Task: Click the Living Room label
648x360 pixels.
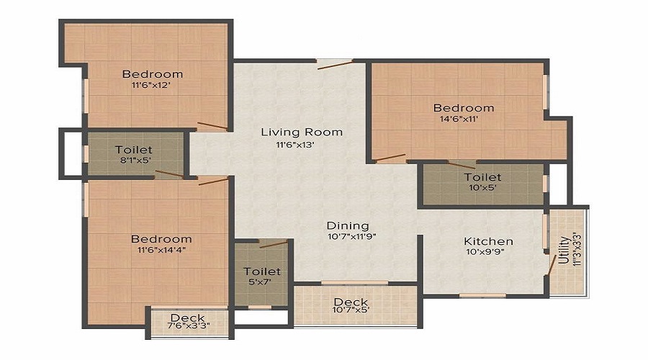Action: pyautogui.click(x=302, y=132)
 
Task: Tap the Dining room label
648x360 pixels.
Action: pyautogui.click(x=348, y=225)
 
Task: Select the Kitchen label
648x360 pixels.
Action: pyautogui.click(x=488, y=241)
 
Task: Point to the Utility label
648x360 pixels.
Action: pyautogui.click(x=562, y=248)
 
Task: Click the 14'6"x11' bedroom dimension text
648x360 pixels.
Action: pyautogui.click(x=464, y=120)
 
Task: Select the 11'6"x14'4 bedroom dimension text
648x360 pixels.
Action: pyautogui.click(x=161, y=251)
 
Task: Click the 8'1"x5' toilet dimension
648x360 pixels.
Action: pyautogui.click(x=133, y=161)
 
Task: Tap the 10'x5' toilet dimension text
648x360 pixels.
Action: pyautogui.click(x=482, y=189)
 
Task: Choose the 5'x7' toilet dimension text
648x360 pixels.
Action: pyautogui.click(x=262, y=283)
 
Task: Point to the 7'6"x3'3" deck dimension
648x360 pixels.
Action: pyautogui.click(x=187, y=328)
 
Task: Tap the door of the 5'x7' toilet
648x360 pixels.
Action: pyautogui.click(x=274, y=244)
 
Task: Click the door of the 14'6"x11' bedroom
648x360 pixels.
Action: pyautogui.click(x=390, y=156)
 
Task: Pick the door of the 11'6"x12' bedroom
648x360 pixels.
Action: pyautogui.click(x=212, y=127)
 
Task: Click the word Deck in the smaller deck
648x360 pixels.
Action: pyautogui.click(x=187, y=318)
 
